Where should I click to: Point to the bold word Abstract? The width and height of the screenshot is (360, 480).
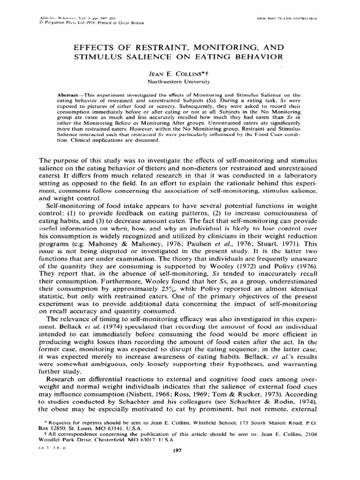coord(71,95)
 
